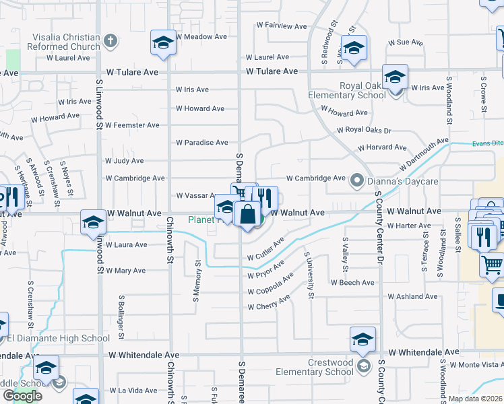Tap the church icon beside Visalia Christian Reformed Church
(x=111, y=41)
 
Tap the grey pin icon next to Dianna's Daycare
(x=356, y=180)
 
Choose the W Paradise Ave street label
(x=202, y=143)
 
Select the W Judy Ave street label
(x=125, y=161)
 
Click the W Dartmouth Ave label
(x=423, y=154)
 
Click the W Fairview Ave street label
(x=282, y=26)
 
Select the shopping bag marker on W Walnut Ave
(x=248, y=215)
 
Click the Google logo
(x=23, y=396)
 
